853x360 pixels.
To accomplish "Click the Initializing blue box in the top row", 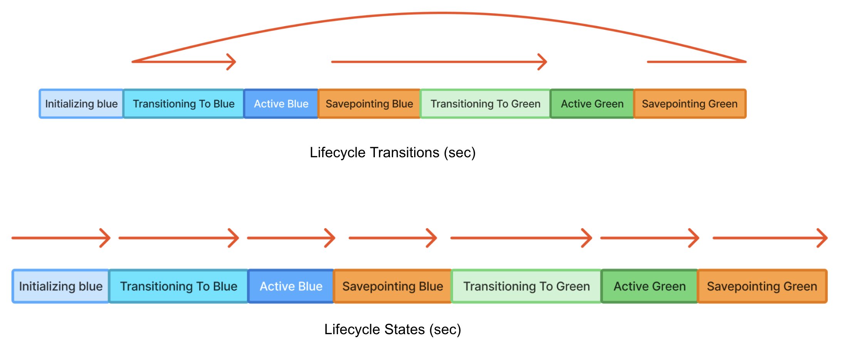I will coord(81,104).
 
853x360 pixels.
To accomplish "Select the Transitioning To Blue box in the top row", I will coord(183,104).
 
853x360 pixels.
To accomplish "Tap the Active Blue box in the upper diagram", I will coord(281,104).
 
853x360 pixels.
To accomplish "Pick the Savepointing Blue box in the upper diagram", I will coord(369,104).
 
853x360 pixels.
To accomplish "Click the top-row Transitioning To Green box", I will coord(485,104).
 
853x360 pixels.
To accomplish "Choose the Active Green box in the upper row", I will coord(592,104).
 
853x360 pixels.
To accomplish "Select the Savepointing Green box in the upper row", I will coord(690,104).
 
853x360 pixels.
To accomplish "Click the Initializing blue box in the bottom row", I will coord(61,286).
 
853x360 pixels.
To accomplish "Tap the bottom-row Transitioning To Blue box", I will coord(178,286).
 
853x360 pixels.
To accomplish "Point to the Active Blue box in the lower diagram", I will coord(291,286).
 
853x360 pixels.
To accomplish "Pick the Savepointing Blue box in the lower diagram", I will coord(392,286).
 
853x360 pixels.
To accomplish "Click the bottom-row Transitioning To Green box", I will coord(526,286).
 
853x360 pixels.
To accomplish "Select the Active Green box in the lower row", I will coord(650,286).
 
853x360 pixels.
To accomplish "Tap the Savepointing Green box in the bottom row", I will coord(762,286).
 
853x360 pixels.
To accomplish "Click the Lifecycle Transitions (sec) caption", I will coord(392,153).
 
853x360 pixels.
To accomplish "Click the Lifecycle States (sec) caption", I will coord(392,330).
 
